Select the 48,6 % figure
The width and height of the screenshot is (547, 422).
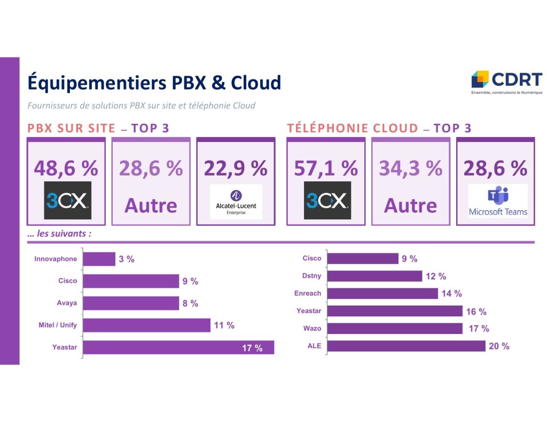[x=66, y=168]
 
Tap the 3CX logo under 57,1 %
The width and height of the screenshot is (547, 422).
[x=327, y=201]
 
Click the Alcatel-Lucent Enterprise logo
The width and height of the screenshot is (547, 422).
[x=236, y=201]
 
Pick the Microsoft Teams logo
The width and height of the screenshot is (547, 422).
[x=498, y=201]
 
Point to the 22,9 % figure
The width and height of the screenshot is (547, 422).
[x=236, y=168]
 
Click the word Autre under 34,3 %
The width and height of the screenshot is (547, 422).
[x=410, y=205]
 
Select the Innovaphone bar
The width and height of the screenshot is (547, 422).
[x=99, y=259]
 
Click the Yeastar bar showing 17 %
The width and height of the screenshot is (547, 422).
[x=178, y=347]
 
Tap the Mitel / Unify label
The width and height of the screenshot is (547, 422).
[x=58, y=325]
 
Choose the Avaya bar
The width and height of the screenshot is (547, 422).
[x=131, y=303]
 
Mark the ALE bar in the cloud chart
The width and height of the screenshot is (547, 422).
[x=406, y=346]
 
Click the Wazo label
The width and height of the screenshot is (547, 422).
[x=312, y=328]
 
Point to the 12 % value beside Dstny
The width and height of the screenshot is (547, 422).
[x=436, y=276]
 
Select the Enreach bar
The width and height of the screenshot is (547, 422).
[x=382, y=293]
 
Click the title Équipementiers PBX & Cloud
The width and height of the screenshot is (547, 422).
[x=154, y=83]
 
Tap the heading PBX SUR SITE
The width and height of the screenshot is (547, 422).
[x=71, y=128]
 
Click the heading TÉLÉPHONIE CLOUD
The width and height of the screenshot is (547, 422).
[x=353, y=128]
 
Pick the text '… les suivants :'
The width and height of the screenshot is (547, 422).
[x=59, y=234]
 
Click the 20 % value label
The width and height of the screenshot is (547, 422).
[x=499, y=346]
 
